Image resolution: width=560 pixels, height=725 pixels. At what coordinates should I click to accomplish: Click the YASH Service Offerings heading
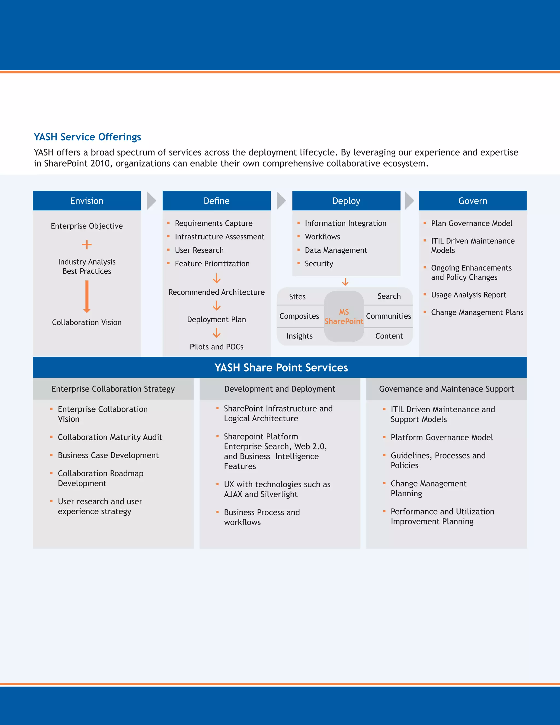point(87,137)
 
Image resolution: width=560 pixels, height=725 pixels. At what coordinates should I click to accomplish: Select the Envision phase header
point(87,201)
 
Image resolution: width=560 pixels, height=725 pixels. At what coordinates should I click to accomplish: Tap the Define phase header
point(216,201)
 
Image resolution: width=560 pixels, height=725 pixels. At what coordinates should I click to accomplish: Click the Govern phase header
point(472,201)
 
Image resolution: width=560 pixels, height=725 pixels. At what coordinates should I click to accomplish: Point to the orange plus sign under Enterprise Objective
point(87,245)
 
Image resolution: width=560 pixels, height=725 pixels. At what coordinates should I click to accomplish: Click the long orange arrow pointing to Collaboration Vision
point(87,297)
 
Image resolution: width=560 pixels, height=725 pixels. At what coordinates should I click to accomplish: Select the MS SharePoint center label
point(344,317)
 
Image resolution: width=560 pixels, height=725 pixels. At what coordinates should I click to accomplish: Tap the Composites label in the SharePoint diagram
point(299,316)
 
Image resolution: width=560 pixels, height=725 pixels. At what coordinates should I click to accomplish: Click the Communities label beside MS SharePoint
point(389,316)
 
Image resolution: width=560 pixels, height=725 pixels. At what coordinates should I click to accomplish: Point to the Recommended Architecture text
point(216,292)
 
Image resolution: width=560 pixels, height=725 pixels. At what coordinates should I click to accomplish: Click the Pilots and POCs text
point(216,347)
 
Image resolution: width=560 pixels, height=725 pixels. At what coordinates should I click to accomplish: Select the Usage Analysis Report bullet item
point(468,295)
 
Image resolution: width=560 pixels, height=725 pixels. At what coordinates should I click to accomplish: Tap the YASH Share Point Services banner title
point(281,367)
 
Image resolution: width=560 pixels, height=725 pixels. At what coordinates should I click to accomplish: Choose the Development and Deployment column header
point(280,389)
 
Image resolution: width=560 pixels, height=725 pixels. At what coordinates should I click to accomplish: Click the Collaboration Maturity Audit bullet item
point(110,437)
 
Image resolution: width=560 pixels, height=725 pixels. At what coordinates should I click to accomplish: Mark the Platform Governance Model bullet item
point(442,437)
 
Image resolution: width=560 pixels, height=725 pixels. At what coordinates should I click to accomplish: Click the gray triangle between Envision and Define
point(151,201)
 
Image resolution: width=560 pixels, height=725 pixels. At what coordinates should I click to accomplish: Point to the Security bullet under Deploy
point(319,263)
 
